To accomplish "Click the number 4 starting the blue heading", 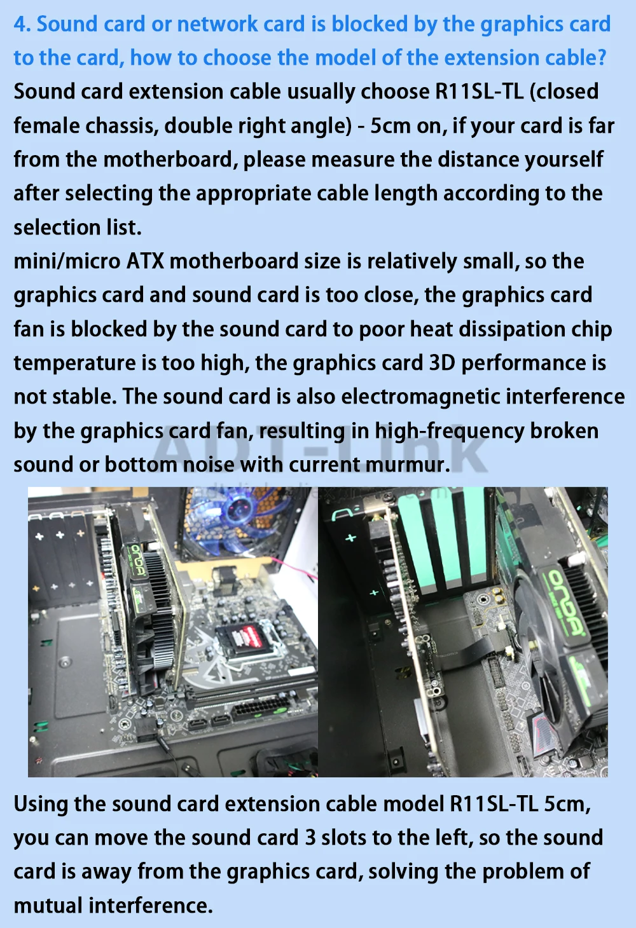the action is click(22, 24).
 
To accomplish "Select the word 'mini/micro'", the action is click(67, 261).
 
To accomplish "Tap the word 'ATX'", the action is click(145, 261).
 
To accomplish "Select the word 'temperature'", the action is click(74, 363).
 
